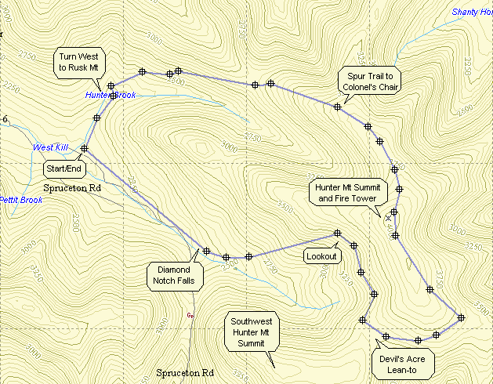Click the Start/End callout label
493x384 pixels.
(63, 168)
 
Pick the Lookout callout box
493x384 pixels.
(321, 256)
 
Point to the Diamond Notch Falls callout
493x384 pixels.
(176, 275)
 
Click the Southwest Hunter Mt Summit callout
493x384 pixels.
(250, 332)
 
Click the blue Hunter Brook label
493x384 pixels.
(111, 96)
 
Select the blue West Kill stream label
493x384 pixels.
(50, 147)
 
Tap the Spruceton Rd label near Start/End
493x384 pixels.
(73, 188)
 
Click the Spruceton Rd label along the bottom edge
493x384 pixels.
(185, 372)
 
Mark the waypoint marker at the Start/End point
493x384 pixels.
(84, 148)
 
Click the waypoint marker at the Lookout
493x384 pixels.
(338, 233)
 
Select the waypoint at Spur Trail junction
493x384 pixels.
(337, 106)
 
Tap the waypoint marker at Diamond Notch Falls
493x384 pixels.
(206, 251)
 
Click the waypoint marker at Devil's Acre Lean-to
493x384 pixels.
(386, 336)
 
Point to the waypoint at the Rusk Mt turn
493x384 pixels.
(111, 85)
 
